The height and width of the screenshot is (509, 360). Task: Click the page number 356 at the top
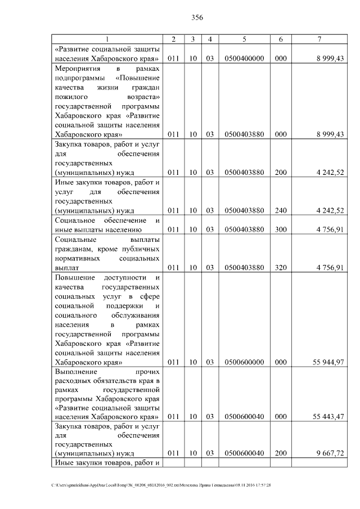tap(197, 17)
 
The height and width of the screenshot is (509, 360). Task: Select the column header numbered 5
tap(244, 39)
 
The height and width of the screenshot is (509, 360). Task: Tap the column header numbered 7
tap(319, 39)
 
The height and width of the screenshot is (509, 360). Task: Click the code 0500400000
tap(244, 58)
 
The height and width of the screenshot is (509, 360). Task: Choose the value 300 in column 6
tap(281, 229)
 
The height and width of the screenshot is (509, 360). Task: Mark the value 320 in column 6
tap(281, 268)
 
